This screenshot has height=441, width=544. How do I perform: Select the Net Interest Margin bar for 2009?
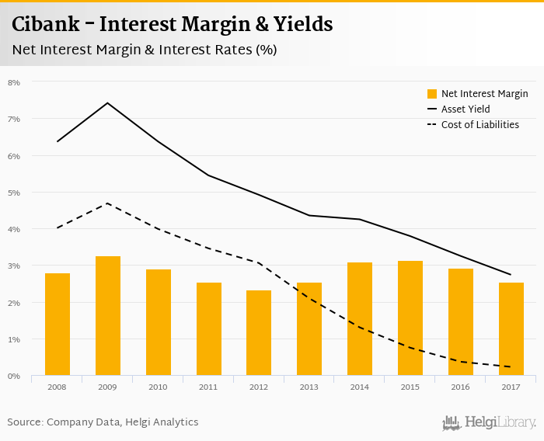pyautogui.click(x=108, y=316)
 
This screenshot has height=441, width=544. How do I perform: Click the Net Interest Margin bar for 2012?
pyautogui.click(x=259, y=333)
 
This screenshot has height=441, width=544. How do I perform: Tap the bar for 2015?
pyautogui.click(x=410, y=318)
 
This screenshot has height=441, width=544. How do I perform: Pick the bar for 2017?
pyautogui.click(x=511, y=329)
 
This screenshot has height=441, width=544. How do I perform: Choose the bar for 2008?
pyautogui.click(x=58, y=325)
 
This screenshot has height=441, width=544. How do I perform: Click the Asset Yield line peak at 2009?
pyautogui.click(x=107, y=103)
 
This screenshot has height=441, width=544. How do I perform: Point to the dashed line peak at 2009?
pyautogui.click(x=107, y=203)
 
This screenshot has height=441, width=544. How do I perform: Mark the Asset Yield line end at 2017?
pyautogui.click(x=510, y=274)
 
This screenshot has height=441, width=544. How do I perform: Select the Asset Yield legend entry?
pyautogui.click(x=466, y=109)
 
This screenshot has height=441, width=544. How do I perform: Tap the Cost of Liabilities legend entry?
pyautogui.click(x=479, y=124)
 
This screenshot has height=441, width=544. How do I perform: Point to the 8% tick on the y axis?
pyautogui.click(x=14, y=82)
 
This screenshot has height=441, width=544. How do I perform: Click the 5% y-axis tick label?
pyautogui.click(x=14, y=193)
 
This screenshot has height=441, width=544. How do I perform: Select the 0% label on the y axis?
pyautogui.click(x=14, y=377)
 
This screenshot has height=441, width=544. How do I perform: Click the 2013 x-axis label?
pyautogui.click(x=309, y=387)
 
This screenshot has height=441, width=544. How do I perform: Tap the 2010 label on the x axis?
pyautogui.click(x=158, y=387)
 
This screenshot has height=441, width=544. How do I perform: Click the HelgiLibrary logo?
pyautogui.click(x=490, y=422)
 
